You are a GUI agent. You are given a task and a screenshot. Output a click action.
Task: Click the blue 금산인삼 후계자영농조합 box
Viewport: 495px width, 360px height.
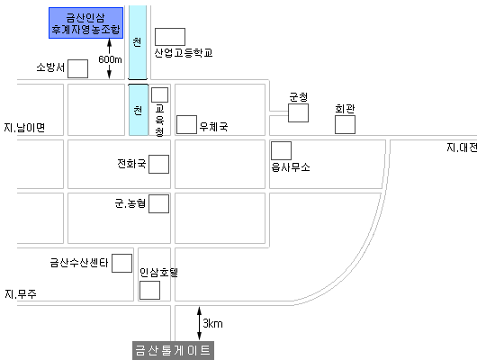85,23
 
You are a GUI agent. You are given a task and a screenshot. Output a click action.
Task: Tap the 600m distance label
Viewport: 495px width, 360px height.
110,59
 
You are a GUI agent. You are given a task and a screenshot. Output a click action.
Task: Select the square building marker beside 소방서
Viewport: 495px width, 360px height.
77,68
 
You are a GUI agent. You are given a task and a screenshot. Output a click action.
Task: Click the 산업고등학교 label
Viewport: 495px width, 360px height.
184,53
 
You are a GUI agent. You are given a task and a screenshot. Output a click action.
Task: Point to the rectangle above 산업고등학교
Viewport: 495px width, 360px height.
170,37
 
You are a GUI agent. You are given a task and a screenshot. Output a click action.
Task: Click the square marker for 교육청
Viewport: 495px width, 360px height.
159,94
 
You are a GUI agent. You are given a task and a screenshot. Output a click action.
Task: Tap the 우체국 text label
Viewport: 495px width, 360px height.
213,127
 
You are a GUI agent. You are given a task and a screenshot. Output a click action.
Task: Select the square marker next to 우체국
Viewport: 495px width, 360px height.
186,125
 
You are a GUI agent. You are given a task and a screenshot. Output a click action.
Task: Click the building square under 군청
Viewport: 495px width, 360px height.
298,112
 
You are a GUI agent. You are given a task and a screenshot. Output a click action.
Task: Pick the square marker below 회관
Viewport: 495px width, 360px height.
345,124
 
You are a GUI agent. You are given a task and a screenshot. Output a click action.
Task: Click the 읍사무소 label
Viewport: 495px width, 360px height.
291,167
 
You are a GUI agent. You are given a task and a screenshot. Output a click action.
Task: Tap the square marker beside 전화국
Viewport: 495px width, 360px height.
158,164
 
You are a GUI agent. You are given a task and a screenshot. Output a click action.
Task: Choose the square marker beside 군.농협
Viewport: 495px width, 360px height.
158,203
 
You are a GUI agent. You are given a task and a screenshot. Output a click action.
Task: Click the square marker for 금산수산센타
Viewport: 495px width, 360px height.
121,263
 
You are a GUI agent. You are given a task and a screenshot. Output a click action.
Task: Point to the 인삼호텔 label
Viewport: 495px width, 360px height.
159,272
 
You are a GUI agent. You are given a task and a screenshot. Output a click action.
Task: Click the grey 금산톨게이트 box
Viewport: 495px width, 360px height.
173,350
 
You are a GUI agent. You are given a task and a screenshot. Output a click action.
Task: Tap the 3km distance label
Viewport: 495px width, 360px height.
212,323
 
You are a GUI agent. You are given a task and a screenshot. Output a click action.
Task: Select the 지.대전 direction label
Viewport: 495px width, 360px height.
462,148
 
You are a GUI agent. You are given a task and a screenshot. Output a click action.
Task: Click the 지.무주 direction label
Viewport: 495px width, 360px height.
21,294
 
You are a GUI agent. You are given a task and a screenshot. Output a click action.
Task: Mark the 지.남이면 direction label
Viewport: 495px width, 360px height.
24,128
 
